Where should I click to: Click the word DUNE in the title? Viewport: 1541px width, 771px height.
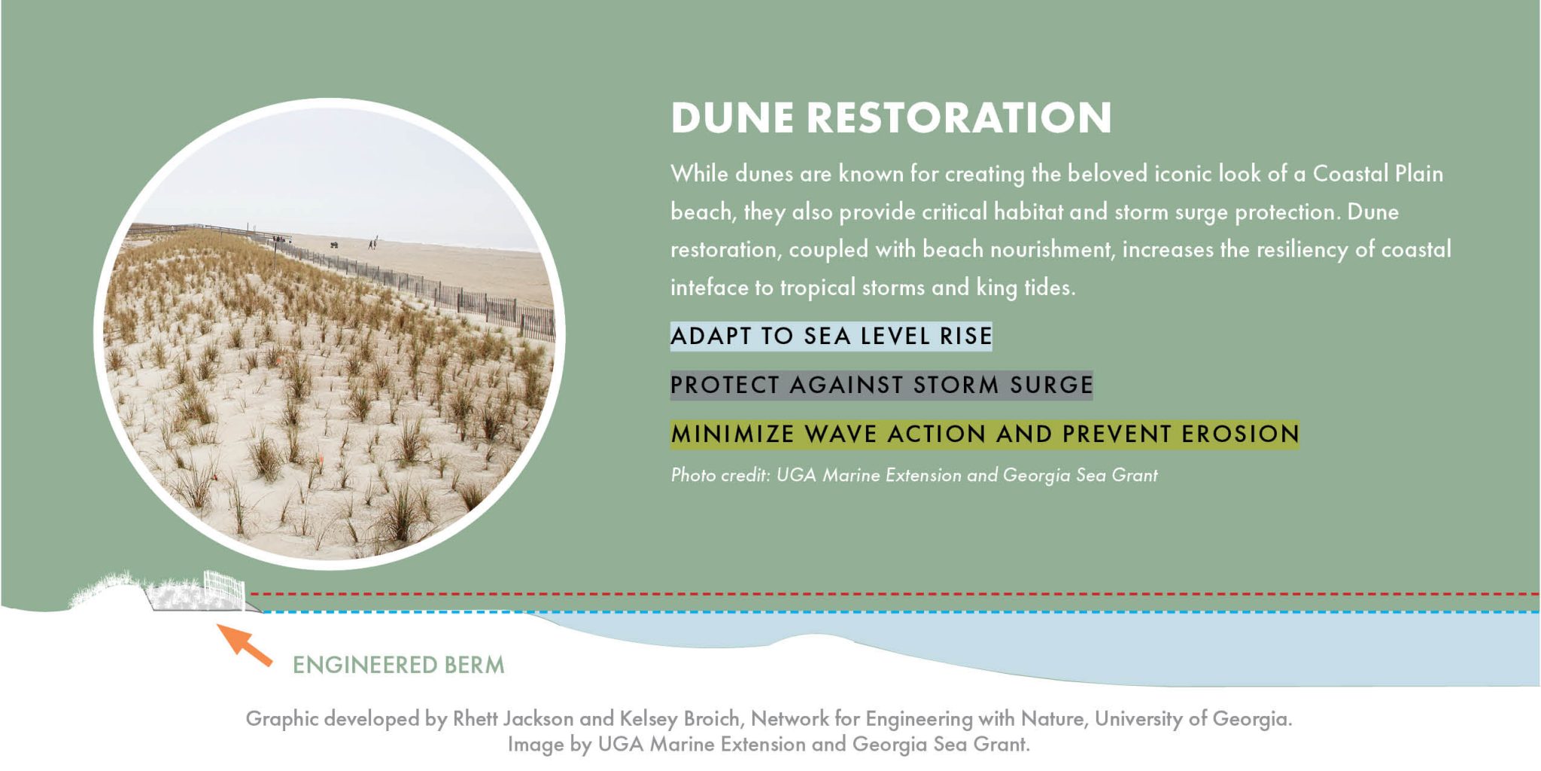click(x=732, y=118)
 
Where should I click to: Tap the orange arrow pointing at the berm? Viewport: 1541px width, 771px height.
click(x=245, y=645)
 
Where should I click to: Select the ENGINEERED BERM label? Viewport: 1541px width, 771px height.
click(x=398, y=665)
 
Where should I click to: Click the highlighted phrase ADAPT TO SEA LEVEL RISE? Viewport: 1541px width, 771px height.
click(x=831, y=336)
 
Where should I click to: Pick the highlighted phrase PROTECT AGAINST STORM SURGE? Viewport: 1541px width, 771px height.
click(x=881, y=385)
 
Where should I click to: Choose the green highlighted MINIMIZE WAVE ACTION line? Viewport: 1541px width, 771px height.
click(x=984, y=434)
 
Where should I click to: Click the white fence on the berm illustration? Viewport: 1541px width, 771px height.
click(x=224, y=590)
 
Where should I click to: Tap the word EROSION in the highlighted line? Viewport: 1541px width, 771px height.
click(x=1240, y=434)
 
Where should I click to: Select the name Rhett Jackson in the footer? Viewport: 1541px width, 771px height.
click(x=513, y=718)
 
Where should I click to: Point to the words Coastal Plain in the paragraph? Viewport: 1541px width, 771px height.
click(x=1378, y=174)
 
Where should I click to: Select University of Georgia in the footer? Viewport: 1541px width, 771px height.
click(x=1192, y=718)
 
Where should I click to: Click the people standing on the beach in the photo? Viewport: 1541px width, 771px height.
click(x=372, y=243)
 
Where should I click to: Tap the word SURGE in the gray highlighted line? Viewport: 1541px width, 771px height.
click(x=1051, y=385)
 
